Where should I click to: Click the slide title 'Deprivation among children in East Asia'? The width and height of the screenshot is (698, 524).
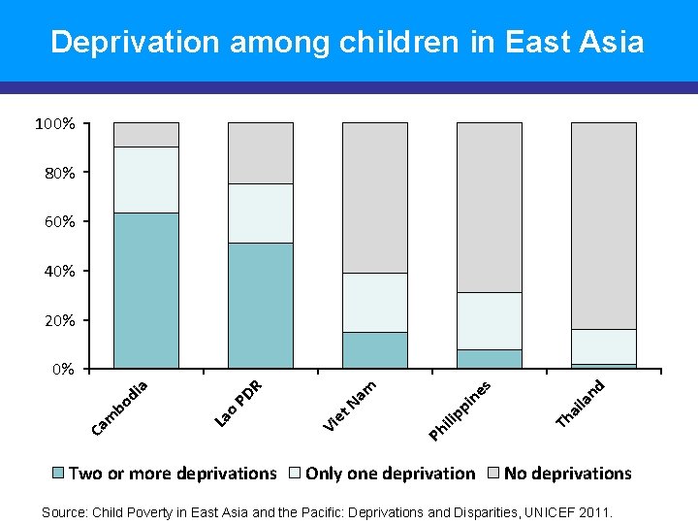coord(347,42)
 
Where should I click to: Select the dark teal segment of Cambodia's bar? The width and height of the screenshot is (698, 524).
coord(146,290)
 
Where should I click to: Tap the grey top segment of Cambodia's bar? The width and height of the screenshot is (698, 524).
coord(146,135)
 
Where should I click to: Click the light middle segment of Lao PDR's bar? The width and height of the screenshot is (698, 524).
coord(260,213)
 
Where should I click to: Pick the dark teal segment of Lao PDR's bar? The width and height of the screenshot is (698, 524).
coord(260,306)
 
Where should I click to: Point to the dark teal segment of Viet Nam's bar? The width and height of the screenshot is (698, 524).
coord(374,350)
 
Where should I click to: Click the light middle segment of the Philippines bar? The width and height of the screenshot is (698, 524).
coord(489,320)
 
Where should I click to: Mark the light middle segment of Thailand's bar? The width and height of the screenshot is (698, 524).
coord(603,346)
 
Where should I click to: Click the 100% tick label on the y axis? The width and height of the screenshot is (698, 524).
coord(55,124)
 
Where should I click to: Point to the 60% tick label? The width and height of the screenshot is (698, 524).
coord(58,222)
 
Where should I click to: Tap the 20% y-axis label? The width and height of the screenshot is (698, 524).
coord(58,320)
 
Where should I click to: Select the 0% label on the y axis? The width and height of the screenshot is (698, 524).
coord(62,370)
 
